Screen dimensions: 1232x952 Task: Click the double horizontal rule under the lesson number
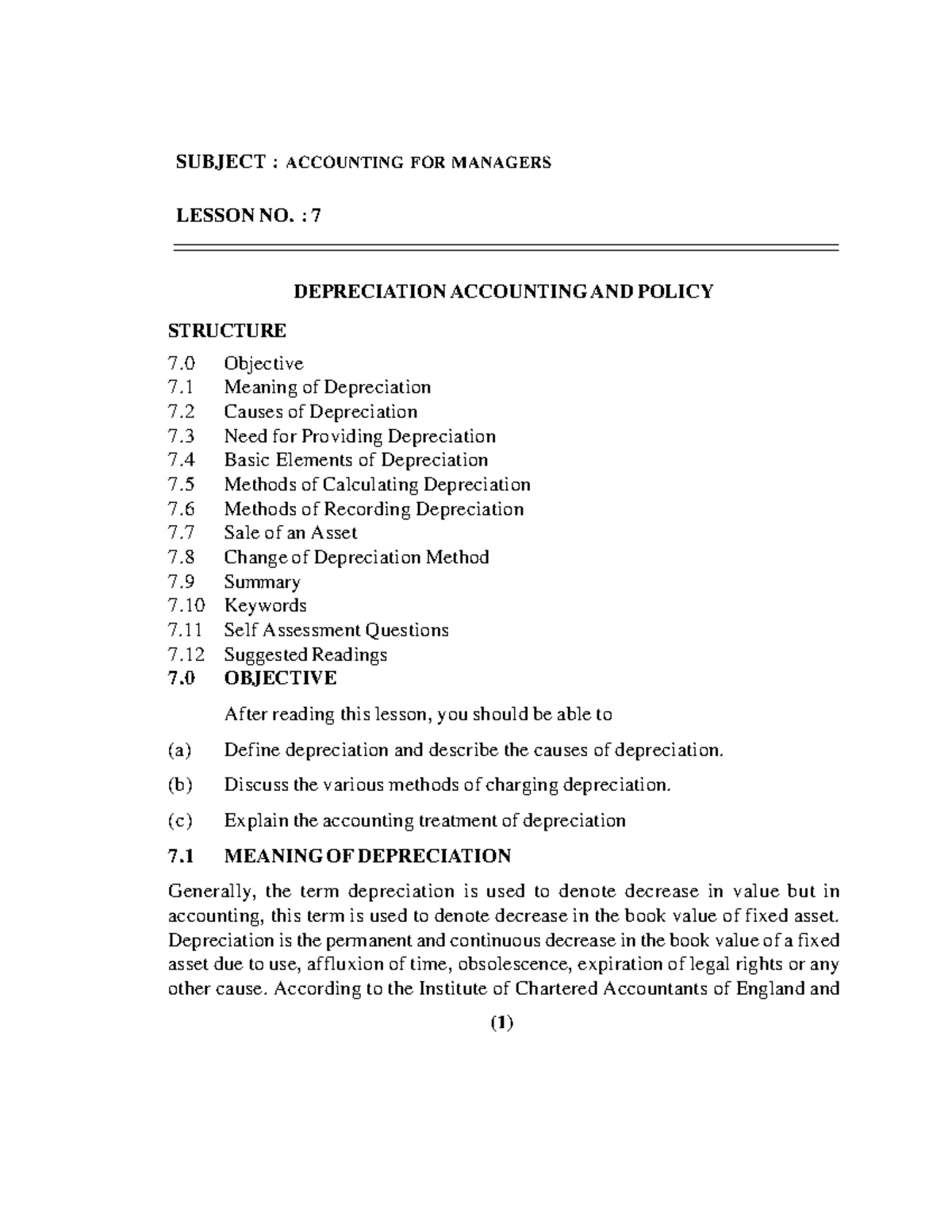pos(505,248)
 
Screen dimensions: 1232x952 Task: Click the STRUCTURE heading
pos(227,330)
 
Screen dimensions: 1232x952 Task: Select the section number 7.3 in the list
pos(181,436)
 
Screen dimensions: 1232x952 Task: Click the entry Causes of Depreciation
pos(320,412)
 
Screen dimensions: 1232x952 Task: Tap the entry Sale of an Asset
pos(290,533)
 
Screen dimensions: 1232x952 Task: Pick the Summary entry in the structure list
pos(262,582)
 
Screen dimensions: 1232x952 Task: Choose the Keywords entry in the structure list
pos(265,606)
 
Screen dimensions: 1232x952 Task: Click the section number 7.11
pos(186,631)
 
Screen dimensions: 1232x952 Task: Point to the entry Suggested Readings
pos(305,655)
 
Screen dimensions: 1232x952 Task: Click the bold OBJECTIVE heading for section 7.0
pos(280,678)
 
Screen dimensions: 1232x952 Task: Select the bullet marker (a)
pos(179,750)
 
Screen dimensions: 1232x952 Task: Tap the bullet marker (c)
pos(179,820)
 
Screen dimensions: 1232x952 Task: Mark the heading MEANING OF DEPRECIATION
pos(367,857)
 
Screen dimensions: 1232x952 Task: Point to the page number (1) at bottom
pos(501,1023)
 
